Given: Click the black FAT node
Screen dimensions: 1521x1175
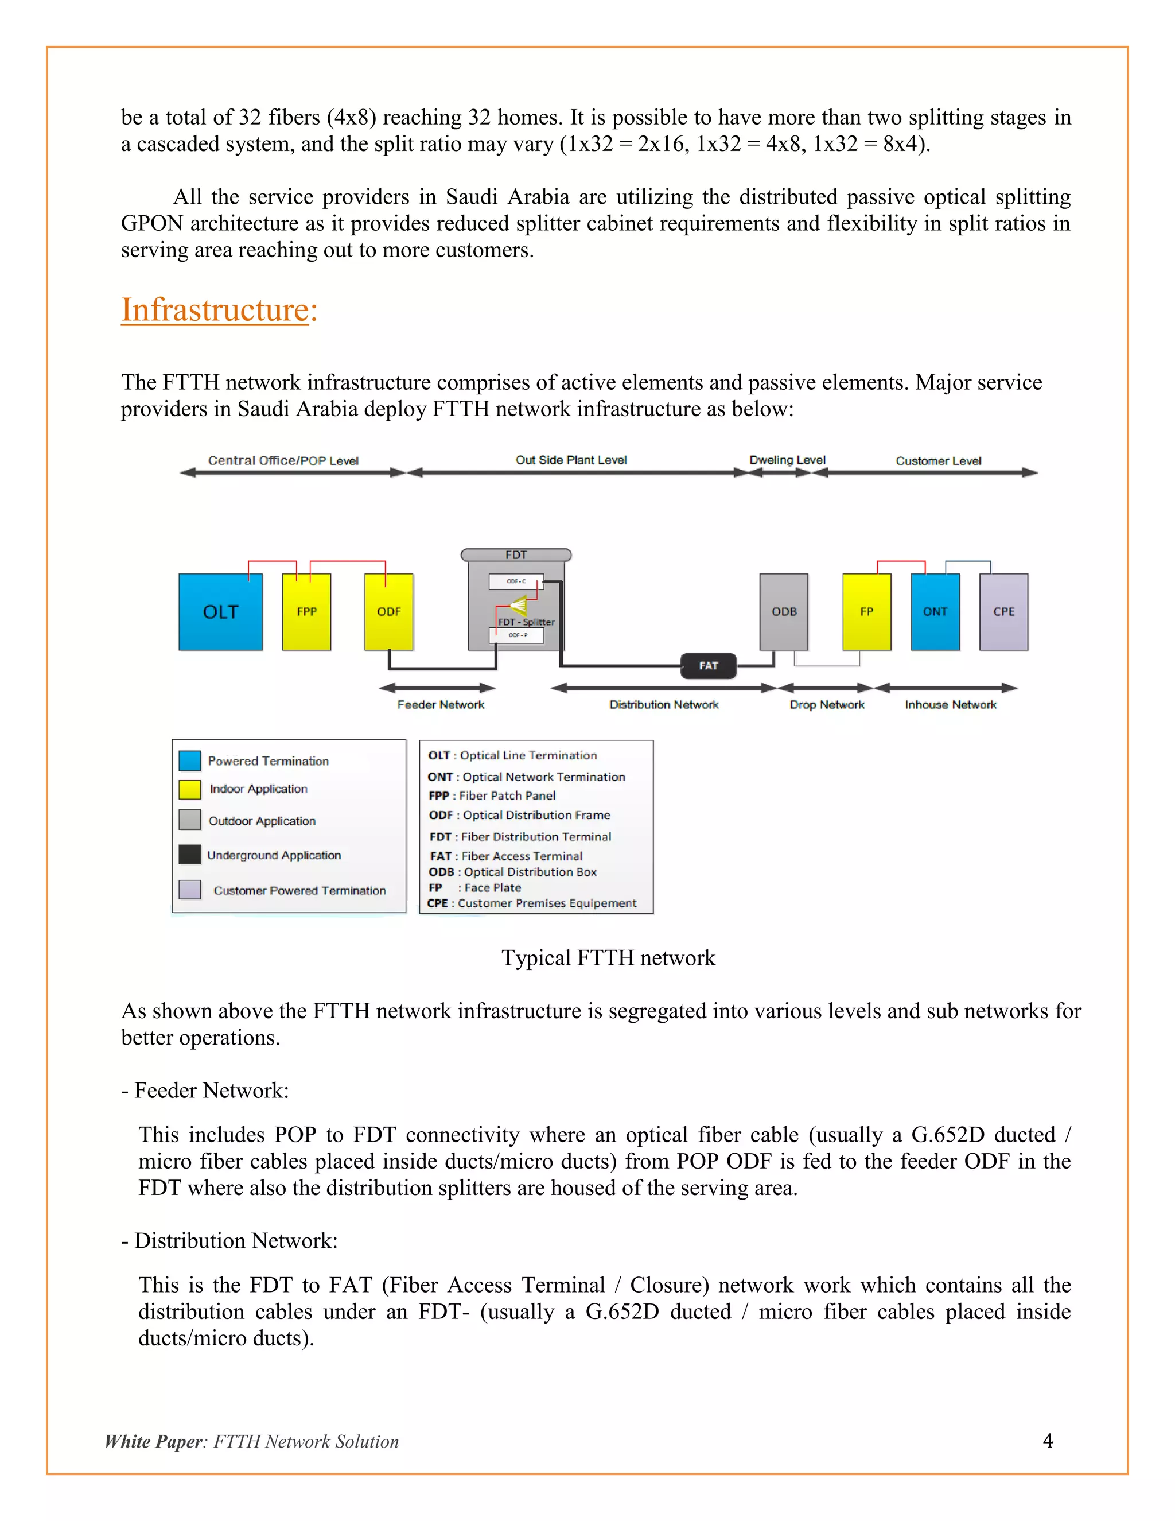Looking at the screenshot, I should pyautogui.click(x=708, y=666).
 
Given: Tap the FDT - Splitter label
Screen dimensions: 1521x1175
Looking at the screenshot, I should pyautogui.click(x=526, y=622).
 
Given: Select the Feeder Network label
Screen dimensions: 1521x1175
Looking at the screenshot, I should pyautogui.click(x=441, y=705).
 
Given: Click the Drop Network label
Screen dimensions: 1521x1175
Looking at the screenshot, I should pyautogui.click(x=827, y=705).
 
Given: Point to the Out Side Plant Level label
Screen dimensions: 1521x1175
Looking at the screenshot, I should pyautogui.click(x=571, y=460).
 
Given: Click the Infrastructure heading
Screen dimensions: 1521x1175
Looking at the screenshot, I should pyautogui.click(x=219, y=310).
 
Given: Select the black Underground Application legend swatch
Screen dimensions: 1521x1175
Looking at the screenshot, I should pyautogui.click(x=189, y=854).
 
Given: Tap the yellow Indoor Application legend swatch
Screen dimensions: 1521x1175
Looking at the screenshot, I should pyautogui.click(x=189, y=789).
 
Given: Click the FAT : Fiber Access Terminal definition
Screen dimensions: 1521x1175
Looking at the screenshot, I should pyautogui.click(x=506, y=856).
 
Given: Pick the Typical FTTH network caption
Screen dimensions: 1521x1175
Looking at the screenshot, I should pyautogui.click(x=608, y=957).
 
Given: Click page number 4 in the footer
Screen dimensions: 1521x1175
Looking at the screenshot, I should pyautogui.click(x=1048, y=1440).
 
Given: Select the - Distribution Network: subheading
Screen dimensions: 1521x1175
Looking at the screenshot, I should pyautogui.click(x=229, y=1240).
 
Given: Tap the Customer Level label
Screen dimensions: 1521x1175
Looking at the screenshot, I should pyautogui.click(x=938, y=460).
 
